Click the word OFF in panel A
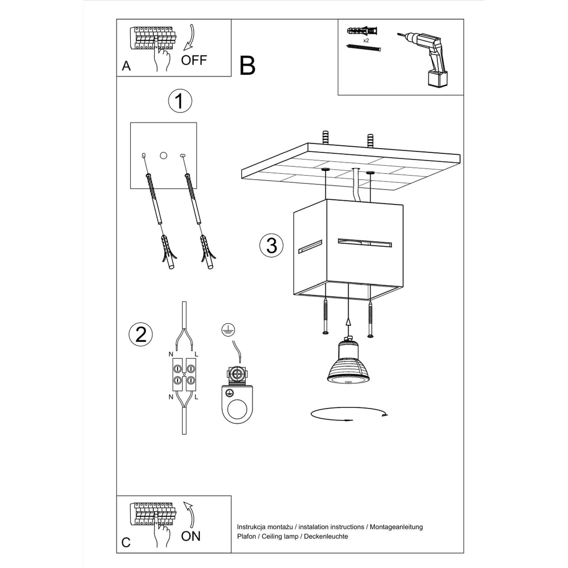194,60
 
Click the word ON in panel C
191,536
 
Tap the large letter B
247,66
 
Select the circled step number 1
180,102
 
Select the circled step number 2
140,334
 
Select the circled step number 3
272,245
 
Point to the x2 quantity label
366,40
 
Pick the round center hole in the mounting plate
164,155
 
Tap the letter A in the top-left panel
126,67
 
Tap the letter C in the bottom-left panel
126,542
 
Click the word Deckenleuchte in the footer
326,537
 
